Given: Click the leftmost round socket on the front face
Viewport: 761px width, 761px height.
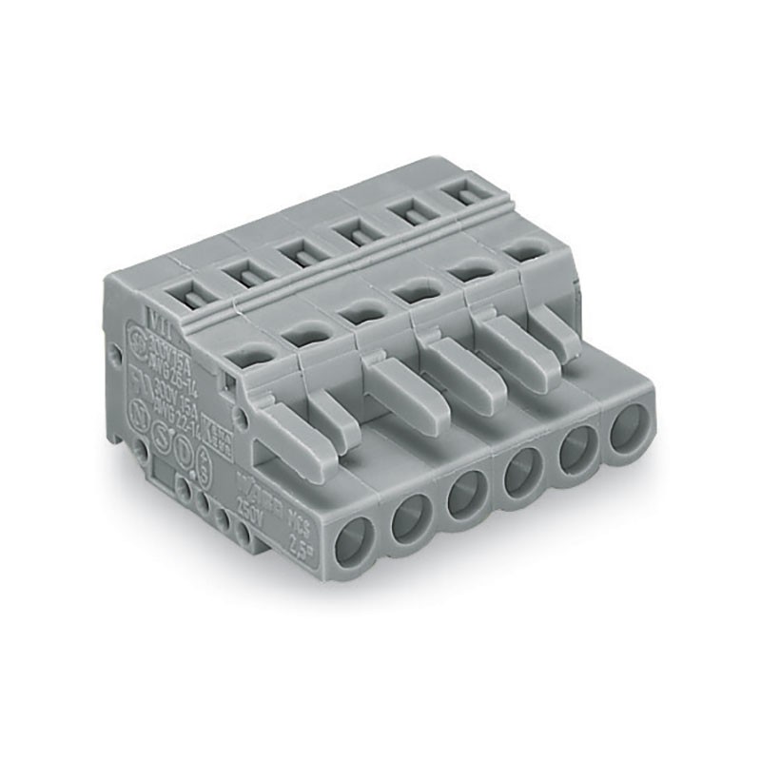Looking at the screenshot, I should (354, 546).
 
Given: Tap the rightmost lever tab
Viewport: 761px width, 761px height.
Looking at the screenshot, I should (556, 329).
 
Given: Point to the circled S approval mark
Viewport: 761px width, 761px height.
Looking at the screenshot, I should (163, 441).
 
